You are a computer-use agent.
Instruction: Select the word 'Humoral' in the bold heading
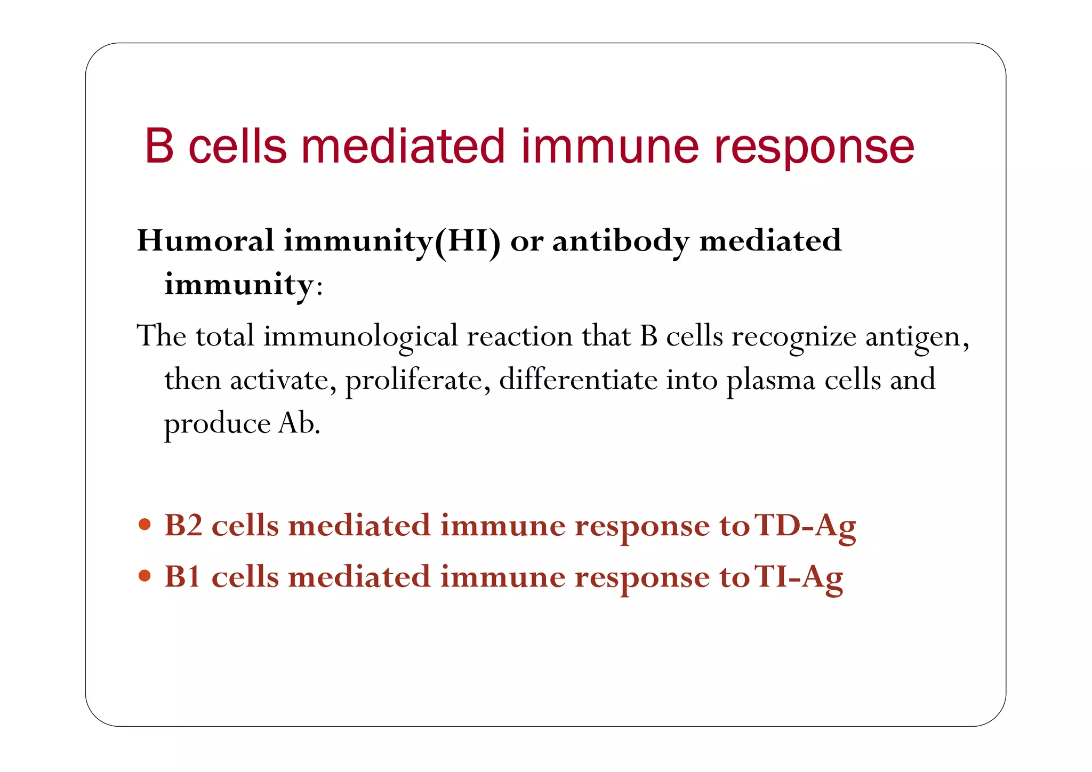click(x=206, y=240)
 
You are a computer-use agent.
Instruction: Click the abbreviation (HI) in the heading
click(x=468, y=242)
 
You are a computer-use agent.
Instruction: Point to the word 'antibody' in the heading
click(x=621, y=242)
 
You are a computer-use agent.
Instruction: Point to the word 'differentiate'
click(x=578, y=380)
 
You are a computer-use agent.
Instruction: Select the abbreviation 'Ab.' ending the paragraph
click(x=299, y=424)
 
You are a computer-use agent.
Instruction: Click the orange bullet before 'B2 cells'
click(x=144, y=525)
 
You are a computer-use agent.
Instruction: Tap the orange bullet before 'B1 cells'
click(x=144, y=576)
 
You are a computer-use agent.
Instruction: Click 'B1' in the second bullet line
click(x=183, y=577)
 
